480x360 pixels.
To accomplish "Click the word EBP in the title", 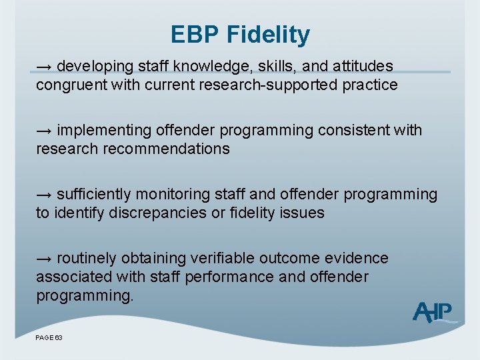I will (198, 34).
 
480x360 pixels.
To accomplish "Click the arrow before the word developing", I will (45, 67).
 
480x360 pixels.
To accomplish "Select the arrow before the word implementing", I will (45, 131).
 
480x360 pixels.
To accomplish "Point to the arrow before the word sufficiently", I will (45, 195).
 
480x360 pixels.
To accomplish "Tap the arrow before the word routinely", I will (45, 259).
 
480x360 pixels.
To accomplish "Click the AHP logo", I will (434, 311).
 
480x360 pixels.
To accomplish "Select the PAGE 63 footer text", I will (49, 338).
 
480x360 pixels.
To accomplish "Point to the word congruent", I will (68, 85).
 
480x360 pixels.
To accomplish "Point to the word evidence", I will (359, 259).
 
